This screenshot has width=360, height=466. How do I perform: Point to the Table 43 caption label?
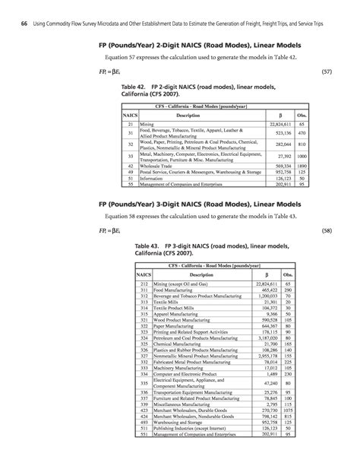click(151, 246)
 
